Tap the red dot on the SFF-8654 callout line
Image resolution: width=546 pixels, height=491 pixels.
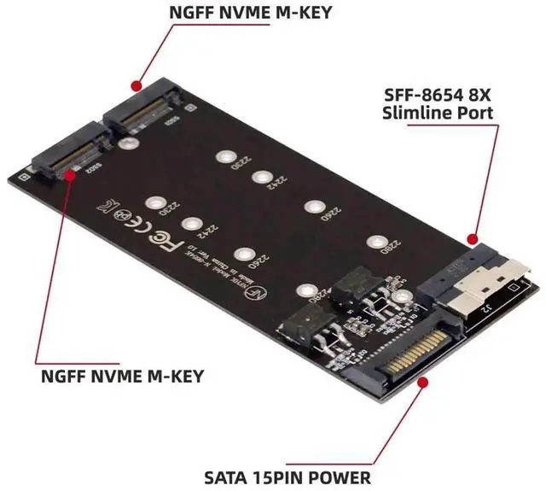470,238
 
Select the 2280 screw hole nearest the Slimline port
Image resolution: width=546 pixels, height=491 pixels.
373,242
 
